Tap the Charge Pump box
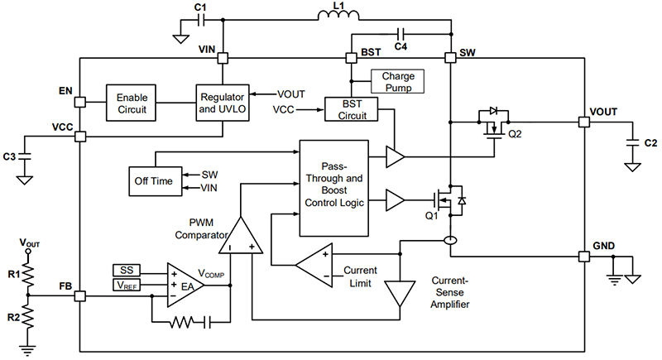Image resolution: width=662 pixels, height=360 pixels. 397,81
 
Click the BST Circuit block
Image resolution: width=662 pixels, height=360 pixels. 349,110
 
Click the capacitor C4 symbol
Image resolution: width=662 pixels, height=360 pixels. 401,35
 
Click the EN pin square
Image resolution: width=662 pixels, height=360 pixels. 79,103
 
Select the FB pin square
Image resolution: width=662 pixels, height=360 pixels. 79,294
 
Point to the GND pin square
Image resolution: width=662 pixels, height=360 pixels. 585,257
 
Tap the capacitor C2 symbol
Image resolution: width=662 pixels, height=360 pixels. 632,142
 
